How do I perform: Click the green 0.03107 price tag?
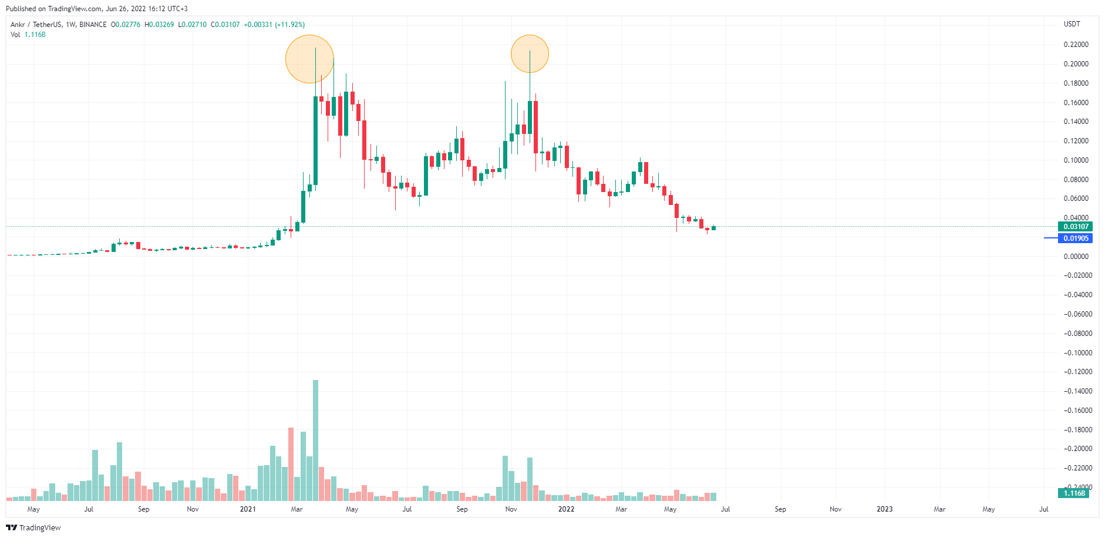pyautogui.click(x=1075, y=227)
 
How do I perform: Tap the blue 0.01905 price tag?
pyautogui.click(x=1075, y=238)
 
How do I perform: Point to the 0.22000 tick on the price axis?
pyautogui.click(x=1076, y=45)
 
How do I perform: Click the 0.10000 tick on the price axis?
pyautogui.click(x=1076, y=160)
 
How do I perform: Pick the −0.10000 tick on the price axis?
pyautogui.click(x=1076, y=353)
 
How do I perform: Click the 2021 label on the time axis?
pyautogui.click(x=248, y=509)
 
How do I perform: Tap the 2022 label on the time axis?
pyautogui.click(x=566, y=509)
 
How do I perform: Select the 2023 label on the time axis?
pyautogui.click(x=884, y=509)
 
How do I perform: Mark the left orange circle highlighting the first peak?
pyautogui.click(x=309, y=59)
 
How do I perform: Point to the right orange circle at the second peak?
pyautogui.click(x=530, y=54)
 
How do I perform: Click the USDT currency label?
pyautogui.click(x=1072, y=24)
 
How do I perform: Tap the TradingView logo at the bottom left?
pyautogui.click(x=33, y=527)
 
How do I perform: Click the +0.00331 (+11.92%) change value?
pyautogui.click(x=274, y=25)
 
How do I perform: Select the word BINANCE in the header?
pyautogui.click(x=93, y=25)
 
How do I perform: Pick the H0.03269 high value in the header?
pyautogui.click(x=159, y=25)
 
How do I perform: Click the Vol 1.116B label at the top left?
pyautogui.click(x=28, y=35)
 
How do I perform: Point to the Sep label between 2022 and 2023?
pyautogui.click(x=780, y=509)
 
